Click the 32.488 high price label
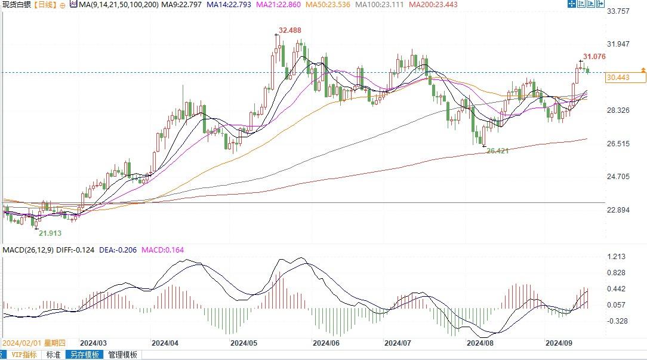(291, 30)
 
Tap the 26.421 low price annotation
(497, 151)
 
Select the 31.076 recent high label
(594, 57)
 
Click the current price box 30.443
(618, 78)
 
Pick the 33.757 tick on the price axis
(618, 11)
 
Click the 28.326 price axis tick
(618, 110)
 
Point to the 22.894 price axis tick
(618, 210)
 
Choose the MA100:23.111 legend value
(378, 5)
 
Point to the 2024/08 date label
(480, 343)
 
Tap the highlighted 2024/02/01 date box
(33, 343)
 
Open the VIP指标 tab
(24, 355)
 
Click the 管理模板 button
(122, 355)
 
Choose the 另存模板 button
(84, 355)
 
